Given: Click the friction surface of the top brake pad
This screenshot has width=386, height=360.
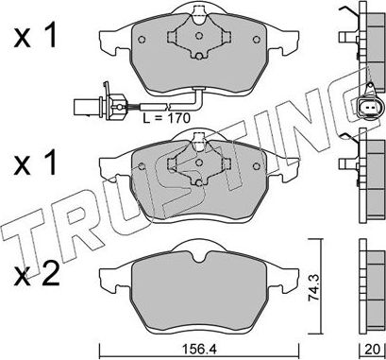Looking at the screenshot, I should (151, 52).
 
